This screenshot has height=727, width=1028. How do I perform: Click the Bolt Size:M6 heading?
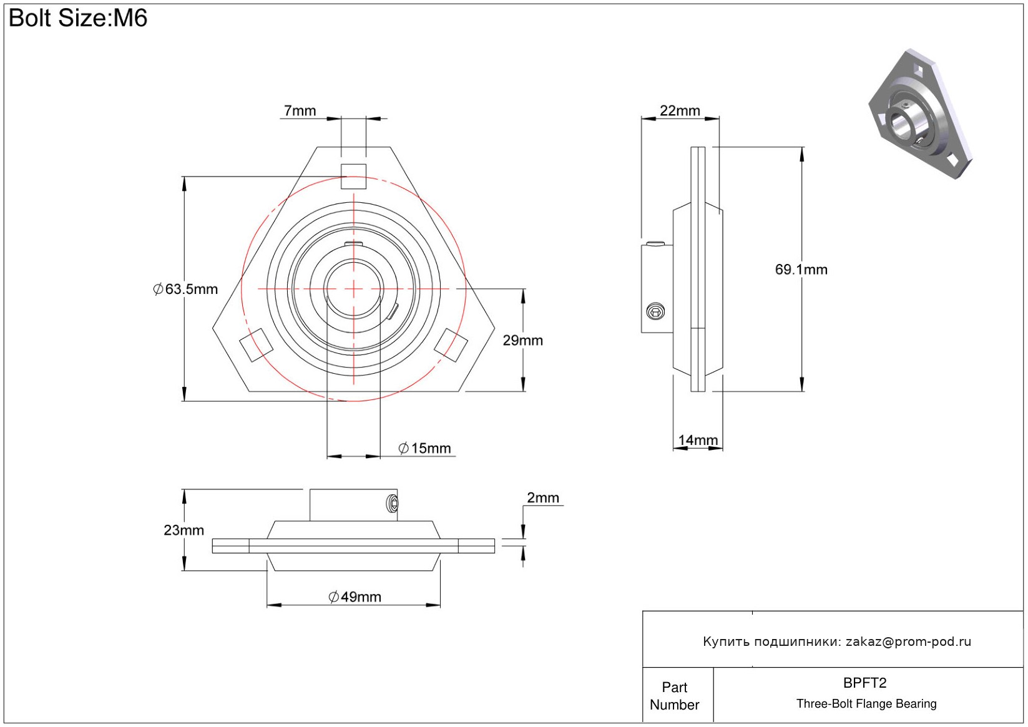tap(78, 18)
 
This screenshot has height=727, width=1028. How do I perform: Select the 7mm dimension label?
tap(300, 111)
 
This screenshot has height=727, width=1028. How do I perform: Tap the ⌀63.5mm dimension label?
tap(186, 290)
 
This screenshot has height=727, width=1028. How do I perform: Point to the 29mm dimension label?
tap(522, 341)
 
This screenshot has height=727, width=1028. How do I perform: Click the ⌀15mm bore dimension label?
tap(425, 448)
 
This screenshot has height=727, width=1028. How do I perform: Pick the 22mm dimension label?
tap(680, 111)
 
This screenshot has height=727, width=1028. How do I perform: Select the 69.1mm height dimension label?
tap(801, 270)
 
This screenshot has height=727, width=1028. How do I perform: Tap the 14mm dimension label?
tap(698, 441)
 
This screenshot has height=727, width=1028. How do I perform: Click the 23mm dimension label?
tap(184, 530)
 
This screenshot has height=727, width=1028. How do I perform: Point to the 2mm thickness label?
tap(543, 498)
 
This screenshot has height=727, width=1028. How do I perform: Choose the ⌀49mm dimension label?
tap(355, 597)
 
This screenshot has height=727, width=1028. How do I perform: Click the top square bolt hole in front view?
tap(353, 176)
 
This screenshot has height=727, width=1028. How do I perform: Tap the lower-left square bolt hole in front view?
tap(256, 344)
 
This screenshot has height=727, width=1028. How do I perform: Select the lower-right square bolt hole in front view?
tap(451, 344)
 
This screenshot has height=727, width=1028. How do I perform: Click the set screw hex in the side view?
tap(655, 311)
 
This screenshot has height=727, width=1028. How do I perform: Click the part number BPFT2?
tap(864, 683)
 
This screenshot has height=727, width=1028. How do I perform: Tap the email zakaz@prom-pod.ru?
tap(908, 642)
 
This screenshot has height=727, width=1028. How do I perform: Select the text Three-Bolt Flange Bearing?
tap(866, 704)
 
